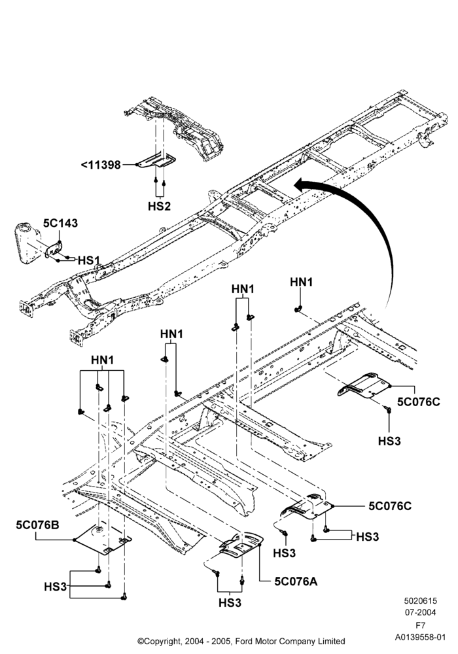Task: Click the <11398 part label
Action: tap(101, 165)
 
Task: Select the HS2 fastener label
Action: tap(160, 206)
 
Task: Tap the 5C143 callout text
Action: tap(60, 223)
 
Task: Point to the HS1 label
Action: tap(89, 261)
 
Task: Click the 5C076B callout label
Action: tap(37, 525)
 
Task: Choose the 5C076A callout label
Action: tap(296, 581)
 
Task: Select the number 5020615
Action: tap(420, 601)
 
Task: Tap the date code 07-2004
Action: tap(420, 612)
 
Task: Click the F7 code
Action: tap(420, 626)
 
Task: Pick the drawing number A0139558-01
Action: tap(420, 637)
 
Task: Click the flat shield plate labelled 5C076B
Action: tap(103, 539)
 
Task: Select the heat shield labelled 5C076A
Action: tap(241, 545)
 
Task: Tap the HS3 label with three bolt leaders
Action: tap(56, 587)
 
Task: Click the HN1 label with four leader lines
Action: tap(102, 360)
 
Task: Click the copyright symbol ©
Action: tap(141, 641)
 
